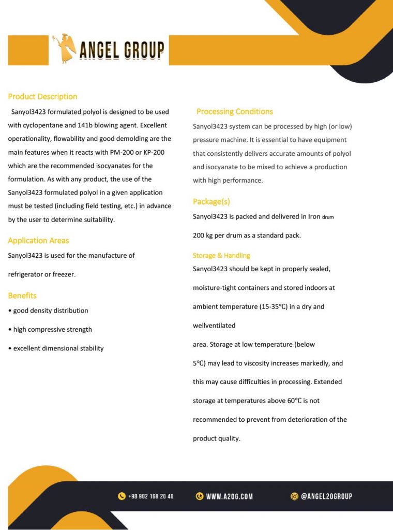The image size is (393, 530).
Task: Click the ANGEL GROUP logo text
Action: click(x=122, y=50)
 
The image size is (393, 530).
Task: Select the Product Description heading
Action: click(x=42, y=96)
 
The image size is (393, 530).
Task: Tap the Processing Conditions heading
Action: click(x=234, y=111)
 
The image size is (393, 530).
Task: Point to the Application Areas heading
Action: click(x=38, y=240)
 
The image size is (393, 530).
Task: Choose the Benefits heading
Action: click(x=22, y=296)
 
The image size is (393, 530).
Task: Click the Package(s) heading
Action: click(x=211, y=201)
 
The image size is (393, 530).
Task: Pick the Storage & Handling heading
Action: click(x=221, y=255)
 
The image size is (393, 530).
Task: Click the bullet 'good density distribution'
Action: click(x=50, y=311)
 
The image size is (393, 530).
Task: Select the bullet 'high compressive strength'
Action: click(x=52, y=329)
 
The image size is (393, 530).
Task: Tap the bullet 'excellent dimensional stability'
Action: click(x=58, y=348)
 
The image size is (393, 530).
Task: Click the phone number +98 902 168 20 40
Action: click(x=150, y=496)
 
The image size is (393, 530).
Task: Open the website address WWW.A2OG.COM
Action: click(x=229, y=496)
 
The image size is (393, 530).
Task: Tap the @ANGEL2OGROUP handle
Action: click(x=326, y=496)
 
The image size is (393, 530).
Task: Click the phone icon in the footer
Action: click(x=122, y=496)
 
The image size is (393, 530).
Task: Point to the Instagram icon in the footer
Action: click(x=294, y=496)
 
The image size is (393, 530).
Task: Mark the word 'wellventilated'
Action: click(x=214, y=326)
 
